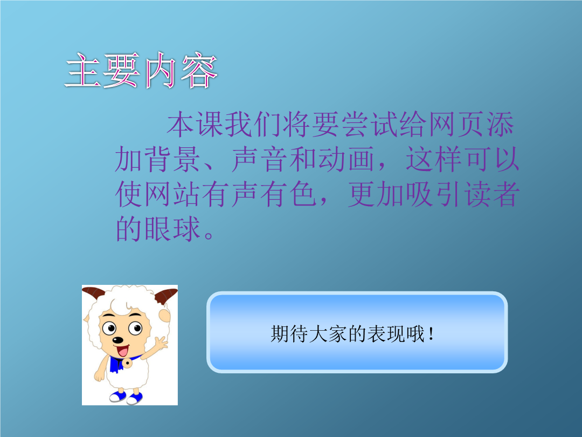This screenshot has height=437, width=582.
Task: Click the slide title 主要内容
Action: point(141,70)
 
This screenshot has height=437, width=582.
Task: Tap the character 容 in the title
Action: point(198,70)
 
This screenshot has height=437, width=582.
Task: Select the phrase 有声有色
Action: point(260,194)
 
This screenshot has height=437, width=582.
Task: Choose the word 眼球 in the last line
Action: point(172,229)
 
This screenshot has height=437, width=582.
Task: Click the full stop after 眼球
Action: point(209,235)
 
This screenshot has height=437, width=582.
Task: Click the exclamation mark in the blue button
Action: point(431,334)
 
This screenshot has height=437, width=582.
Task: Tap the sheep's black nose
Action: point(117,340)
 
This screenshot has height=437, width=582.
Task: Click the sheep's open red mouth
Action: point(122,351)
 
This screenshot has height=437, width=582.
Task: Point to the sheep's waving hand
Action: point(161,343)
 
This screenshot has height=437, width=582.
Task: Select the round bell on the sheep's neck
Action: point(127,363)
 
